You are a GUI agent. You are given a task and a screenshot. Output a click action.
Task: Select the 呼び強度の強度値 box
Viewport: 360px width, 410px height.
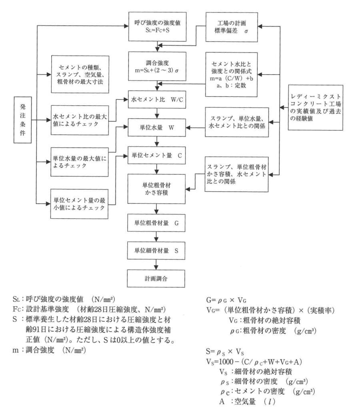(158, 26)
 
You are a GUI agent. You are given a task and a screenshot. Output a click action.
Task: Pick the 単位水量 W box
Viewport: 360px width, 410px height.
(158, 128)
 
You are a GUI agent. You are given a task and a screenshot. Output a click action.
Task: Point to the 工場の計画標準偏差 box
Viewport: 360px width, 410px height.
(232, 26)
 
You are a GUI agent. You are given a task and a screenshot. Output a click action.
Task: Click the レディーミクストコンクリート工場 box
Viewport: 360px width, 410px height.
(316, 108)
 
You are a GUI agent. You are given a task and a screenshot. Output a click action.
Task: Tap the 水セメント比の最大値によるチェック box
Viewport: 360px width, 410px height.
(80, 119)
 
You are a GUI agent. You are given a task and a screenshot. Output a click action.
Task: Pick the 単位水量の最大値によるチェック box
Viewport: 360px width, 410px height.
(80, 162)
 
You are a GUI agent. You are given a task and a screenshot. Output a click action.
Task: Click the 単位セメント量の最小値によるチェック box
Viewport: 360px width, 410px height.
(80, 203)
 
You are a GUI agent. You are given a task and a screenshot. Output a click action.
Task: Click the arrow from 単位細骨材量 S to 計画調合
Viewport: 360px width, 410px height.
(158, 263)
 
